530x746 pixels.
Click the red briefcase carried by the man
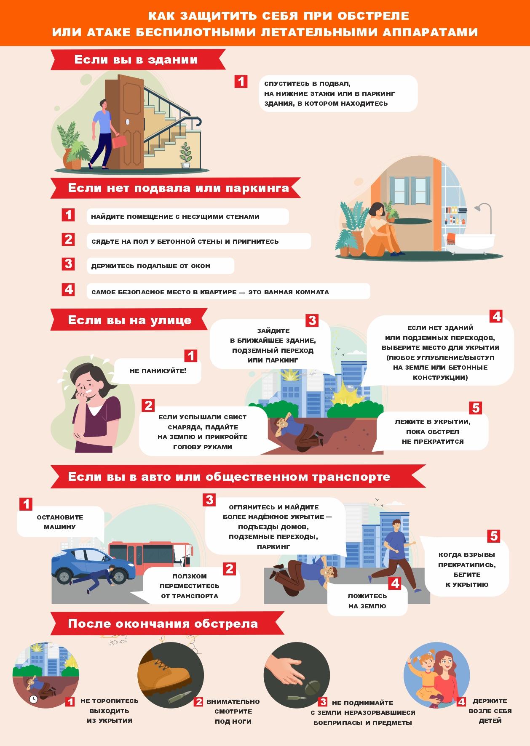[x=119, y=141]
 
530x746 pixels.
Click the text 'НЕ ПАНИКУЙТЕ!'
[x=158, y=371]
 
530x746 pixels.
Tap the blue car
[x=90, y=564]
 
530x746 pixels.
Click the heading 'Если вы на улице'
[x=130, y=320]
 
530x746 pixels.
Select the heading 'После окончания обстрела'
[x=163, y=623]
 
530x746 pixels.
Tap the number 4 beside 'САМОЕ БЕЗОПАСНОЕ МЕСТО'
[x=68, y=290]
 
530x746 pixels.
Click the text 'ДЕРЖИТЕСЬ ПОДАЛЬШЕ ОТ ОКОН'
[x=150, y=266]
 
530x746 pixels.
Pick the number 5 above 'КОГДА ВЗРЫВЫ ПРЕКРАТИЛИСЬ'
[x=494, y=536]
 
